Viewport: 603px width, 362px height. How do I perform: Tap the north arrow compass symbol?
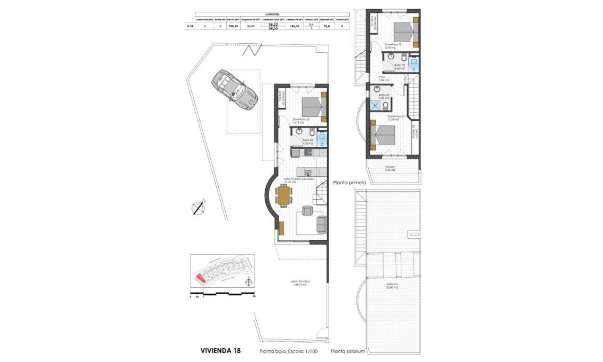click(199, 207)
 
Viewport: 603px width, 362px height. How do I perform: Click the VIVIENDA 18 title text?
click(220, 351)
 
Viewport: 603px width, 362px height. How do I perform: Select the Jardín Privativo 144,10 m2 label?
click(301, 283)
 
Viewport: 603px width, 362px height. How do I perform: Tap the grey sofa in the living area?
click(322, 224)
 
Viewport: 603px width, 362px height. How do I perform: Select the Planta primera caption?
click(350, 183)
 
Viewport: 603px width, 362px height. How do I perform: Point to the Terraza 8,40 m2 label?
click(390, 169)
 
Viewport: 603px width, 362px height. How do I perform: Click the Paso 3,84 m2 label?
click(382, 78)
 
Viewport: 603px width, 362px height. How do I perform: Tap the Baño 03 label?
click(384, 97)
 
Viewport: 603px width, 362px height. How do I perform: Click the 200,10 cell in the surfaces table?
click(233, 26)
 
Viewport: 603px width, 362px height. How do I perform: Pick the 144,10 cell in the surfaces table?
click(292, 26)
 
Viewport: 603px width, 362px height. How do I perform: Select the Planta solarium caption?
click(348, 351)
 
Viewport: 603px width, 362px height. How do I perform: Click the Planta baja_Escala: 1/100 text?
click(289, 351)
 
